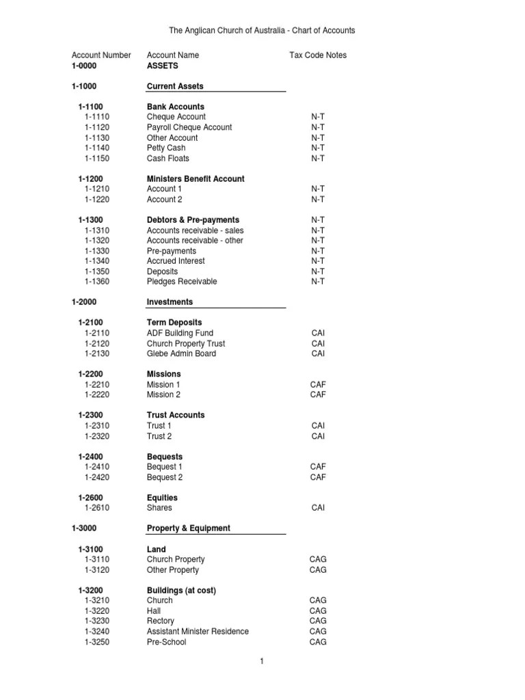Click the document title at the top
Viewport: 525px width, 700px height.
262,31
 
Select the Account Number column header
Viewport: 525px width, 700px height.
101,55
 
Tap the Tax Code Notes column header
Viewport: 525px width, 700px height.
318,55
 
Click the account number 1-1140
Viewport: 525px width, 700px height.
97,148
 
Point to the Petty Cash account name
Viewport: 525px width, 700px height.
166,148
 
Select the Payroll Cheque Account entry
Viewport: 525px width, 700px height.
189,127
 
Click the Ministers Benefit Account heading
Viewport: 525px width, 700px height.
196,179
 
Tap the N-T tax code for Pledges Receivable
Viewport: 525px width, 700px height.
318,282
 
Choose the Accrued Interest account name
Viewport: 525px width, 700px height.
176,261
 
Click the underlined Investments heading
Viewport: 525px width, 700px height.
170,302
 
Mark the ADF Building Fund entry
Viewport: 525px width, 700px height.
180,333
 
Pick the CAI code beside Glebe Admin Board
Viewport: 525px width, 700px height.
318,353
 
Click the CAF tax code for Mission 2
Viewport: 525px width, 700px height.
318,394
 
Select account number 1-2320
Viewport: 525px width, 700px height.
97,436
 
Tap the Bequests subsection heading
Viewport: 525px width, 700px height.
165,457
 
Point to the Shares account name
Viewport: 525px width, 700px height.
159,508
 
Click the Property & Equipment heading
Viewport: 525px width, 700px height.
189,528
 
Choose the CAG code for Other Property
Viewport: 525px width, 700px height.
318,569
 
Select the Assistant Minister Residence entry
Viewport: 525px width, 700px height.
198,632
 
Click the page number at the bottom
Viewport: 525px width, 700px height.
262,661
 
